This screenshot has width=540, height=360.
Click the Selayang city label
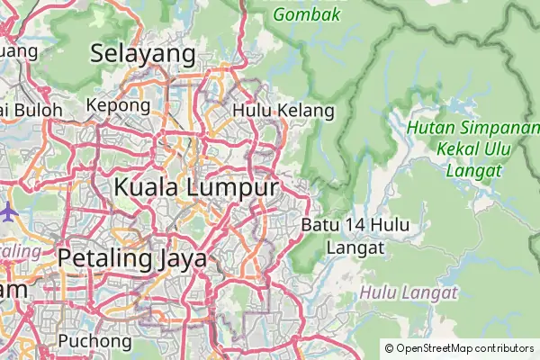[x=143, y=54]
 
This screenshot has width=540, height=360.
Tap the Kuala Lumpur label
[x=195, y=188]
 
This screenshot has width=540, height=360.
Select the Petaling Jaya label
[x=132, y=258]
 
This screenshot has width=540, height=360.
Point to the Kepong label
[x=118, y=106]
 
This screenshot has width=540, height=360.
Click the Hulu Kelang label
[x=283, y=111]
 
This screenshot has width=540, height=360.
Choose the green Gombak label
[x=307, y=14]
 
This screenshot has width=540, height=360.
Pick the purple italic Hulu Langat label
[x=409, y=292]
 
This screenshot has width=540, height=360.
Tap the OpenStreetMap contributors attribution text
[x=459, y=347]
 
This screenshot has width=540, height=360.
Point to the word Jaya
[x=180, y=258]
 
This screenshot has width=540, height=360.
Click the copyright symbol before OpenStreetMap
[x=389, y=347]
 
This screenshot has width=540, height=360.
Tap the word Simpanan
[x=496, y=130]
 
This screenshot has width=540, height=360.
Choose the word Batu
[x=319, y=224]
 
